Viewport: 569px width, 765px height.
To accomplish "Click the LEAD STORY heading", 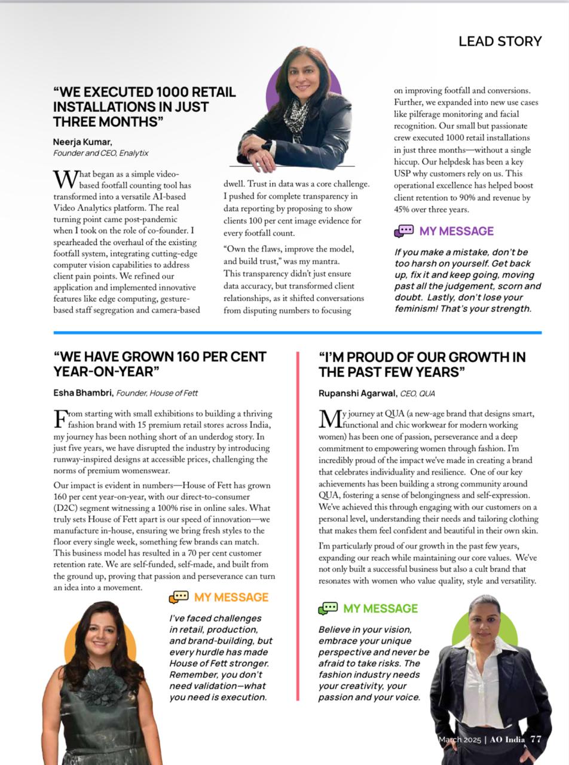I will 500,41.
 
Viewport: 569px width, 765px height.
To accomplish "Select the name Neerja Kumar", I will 82,142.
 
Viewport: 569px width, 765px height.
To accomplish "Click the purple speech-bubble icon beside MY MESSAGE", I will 404,231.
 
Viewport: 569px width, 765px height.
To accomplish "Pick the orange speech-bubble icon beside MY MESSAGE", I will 179,597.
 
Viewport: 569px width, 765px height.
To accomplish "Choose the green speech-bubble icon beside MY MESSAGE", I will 328,608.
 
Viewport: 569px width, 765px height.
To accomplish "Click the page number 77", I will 536,739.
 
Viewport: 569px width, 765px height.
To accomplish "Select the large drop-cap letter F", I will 60,418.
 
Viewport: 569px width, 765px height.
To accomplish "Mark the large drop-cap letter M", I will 329,418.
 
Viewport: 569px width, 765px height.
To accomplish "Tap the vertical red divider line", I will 298,526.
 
